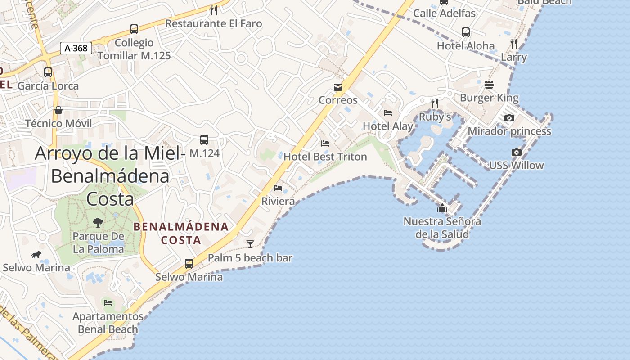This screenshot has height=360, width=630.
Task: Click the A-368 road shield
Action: tap(76, 48)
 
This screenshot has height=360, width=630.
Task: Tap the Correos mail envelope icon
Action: tap(338, 87)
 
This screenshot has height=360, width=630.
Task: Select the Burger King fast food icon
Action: tap(489, 85)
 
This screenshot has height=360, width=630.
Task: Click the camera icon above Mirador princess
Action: tap(509, 118)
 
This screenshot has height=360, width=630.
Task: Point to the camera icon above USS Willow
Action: tap(517, 153)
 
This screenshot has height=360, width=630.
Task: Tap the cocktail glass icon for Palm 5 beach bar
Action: tap(250, 244)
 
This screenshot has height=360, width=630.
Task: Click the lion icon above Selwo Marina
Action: tap(36, 255)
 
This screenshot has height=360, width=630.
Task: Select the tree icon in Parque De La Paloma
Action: tap(98, 222)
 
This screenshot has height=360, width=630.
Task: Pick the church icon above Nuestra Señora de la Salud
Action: tap(442, 208)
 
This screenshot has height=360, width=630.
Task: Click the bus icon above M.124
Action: tap(204, 140)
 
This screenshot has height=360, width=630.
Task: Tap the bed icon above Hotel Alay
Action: tap(388, 113)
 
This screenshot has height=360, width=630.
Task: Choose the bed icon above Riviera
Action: tap(278, 188)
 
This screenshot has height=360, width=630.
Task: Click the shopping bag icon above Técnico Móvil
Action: tap(58, 110)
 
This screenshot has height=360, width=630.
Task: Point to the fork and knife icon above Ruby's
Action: tap(435, 103)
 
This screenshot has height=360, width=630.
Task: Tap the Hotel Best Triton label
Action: tap(325, 157)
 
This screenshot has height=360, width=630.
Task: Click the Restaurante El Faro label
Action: tap(214, 23)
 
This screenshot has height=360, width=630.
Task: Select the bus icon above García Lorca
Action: tap(48, 72)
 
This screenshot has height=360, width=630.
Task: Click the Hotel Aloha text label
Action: tap(466, 46)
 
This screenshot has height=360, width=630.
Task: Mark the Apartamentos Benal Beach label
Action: tap(108, 323)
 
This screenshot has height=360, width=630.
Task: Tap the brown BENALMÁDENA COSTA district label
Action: tap(181, 233)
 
